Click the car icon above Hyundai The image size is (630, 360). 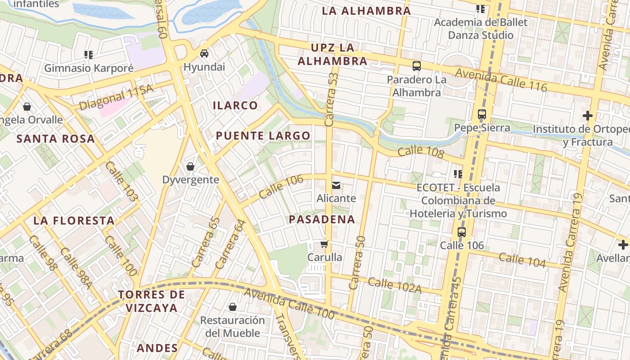tap(204, 54)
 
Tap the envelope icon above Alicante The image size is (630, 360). tap(336, 185)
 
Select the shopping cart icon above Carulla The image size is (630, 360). tap(324, 244)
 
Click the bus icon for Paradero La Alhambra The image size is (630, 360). tap(417, 66)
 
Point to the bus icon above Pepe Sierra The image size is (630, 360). tap(482, 114)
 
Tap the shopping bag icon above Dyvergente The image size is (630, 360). tap(190, 166)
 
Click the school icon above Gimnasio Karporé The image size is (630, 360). tap(89, 55)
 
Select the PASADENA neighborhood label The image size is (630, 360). tap(322, 220)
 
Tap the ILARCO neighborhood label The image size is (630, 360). tap(235, 106)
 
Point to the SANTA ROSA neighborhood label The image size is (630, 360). tap(56, 139)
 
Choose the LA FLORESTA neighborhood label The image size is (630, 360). tap(74, 221)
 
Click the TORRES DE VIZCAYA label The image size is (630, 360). tap(152, 301)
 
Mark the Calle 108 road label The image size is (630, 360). tap(421, 152)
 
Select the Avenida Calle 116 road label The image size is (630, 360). tap(501, 80)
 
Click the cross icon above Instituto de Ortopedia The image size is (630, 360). tap(587, 116)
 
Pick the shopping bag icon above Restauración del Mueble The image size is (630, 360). tap(233, 307)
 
